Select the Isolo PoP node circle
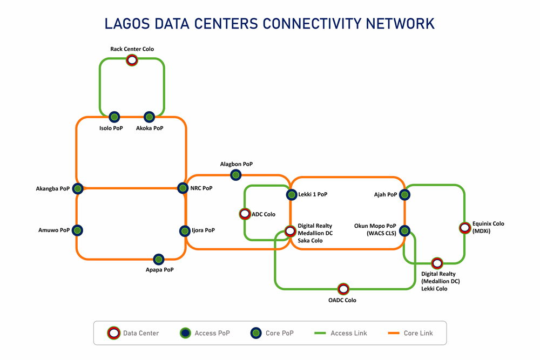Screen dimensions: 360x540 click(114, 117)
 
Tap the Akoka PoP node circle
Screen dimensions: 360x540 click(149, 117)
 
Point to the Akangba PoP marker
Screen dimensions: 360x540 click(78, 188)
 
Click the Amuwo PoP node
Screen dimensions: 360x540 click(78, 230)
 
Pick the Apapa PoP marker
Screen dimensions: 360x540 click(158, 259)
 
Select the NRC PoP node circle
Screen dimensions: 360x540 click(183, 188)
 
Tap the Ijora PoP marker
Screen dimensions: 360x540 click(184, 230)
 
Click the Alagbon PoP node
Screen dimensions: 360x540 click(235, 174)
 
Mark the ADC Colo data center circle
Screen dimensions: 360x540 click(244, 214)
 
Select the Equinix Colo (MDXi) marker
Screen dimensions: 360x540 click(464, 228)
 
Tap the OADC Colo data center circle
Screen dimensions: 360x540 click(343, 289)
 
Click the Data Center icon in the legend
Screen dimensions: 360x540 click(113, 333)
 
